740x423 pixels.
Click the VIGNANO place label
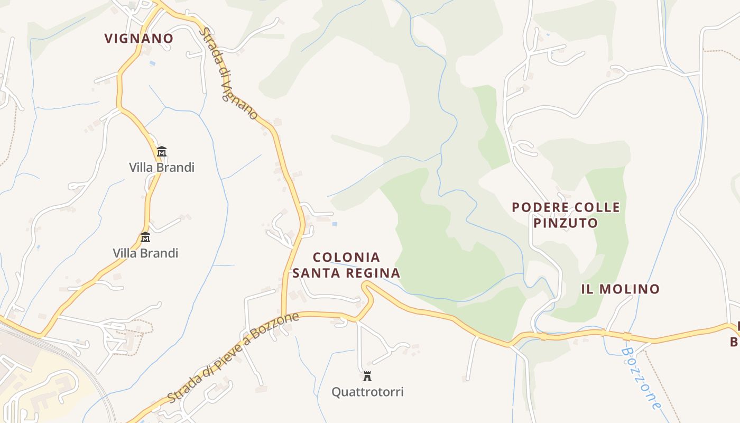138,39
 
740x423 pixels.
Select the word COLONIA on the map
346,258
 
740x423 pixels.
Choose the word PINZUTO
565,223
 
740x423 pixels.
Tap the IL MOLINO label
620,289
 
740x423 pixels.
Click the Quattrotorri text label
367,392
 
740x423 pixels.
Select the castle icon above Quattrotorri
367,376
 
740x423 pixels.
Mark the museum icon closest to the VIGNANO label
162,152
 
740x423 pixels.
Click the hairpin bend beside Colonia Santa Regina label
365,286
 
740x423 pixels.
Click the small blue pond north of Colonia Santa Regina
334,224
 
